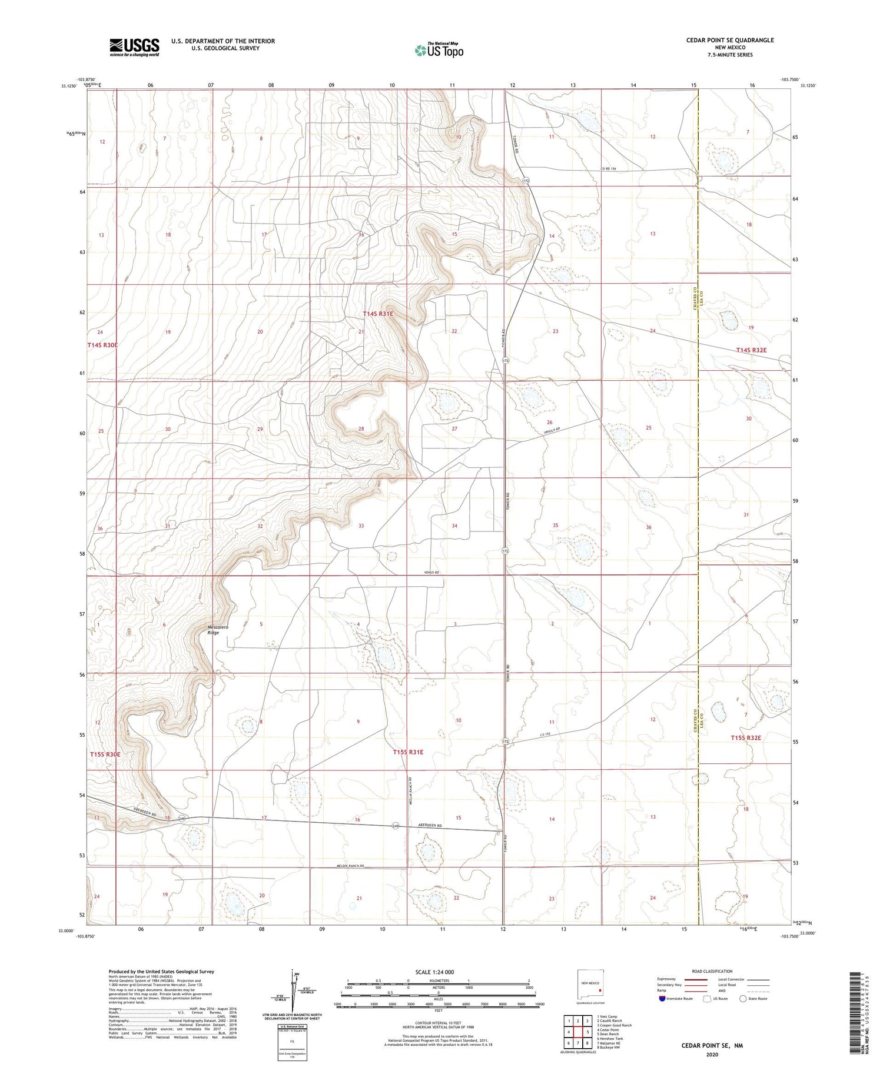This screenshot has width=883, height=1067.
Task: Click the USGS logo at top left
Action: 134,47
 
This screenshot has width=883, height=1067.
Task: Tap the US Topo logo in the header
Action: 439,51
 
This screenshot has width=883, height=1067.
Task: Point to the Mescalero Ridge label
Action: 221,630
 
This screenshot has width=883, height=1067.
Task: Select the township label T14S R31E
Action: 377,314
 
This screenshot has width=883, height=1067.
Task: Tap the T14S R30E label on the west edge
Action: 104,345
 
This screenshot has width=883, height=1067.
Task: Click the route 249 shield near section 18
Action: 183,819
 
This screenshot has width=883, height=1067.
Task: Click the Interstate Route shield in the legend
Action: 663,999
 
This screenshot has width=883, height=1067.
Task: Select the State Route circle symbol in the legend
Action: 743,999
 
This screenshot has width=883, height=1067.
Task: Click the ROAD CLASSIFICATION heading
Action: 712,971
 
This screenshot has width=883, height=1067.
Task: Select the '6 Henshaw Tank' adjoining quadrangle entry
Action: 610,1039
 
